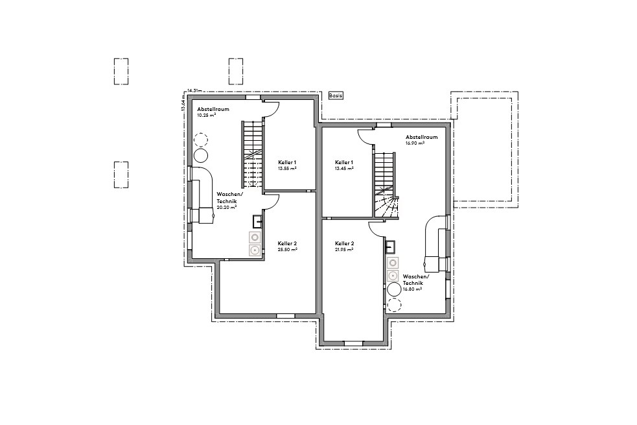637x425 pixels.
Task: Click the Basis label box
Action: (x=336, y=95)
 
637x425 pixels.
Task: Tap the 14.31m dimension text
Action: (x=194, y=91)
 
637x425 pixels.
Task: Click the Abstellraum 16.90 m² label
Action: (x=421, y=140)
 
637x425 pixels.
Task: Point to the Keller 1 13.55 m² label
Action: (x=287, y=165)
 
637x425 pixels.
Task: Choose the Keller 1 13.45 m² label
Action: (x=344, y=165)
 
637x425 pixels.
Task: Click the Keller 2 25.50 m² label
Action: (x=287, y=247)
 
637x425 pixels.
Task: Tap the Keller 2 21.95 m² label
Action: (x=344, y=247)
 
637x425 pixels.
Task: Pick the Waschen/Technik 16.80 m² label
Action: (x=413, y=283)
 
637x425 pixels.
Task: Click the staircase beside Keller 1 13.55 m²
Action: (x=252, y=154)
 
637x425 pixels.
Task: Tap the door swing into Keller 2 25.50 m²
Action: (x=272, y=200)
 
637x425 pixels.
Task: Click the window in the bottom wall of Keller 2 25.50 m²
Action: (x=285, y=315)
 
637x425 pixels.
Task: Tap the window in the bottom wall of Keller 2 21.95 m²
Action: (x=353, y=342)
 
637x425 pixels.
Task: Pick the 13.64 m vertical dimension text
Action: (x=184, y=104)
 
